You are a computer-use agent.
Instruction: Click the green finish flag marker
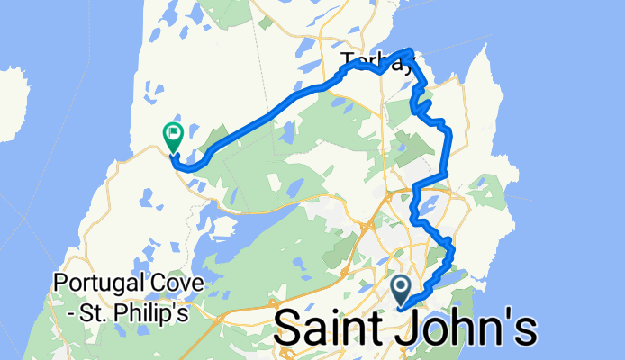pos(172,135)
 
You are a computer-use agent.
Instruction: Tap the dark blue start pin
pos(402,290)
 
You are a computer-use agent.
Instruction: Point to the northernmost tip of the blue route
pos(411,50)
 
